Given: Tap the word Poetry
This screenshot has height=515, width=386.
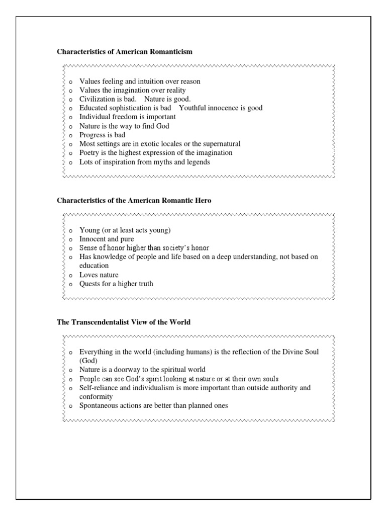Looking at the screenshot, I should pyautogui.click(x=90, y=153).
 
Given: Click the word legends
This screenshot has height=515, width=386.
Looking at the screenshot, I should pyautogui.click(x=198, y=162).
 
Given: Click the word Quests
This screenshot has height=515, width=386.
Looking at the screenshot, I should pyautogui.click(x=90, y=284).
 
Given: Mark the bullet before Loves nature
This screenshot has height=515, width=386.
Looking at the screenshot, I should pyautogui.click(x=71, y=276).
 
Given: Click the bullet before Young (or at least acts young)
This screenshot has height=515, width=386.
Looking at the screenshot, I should pyautogui.click(x=71, y=231).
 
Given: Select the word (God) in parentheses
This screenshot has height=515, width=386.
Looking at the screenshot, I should pyautogui.click(x=88, y=361).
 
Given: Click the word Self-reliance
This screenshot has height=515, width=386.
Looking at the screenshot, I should pyautogui.click(x=99, y=388).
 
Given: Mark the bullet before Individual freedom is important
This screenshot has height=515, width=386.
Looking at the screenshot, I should pyautogui.click(x=71, y=118).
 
